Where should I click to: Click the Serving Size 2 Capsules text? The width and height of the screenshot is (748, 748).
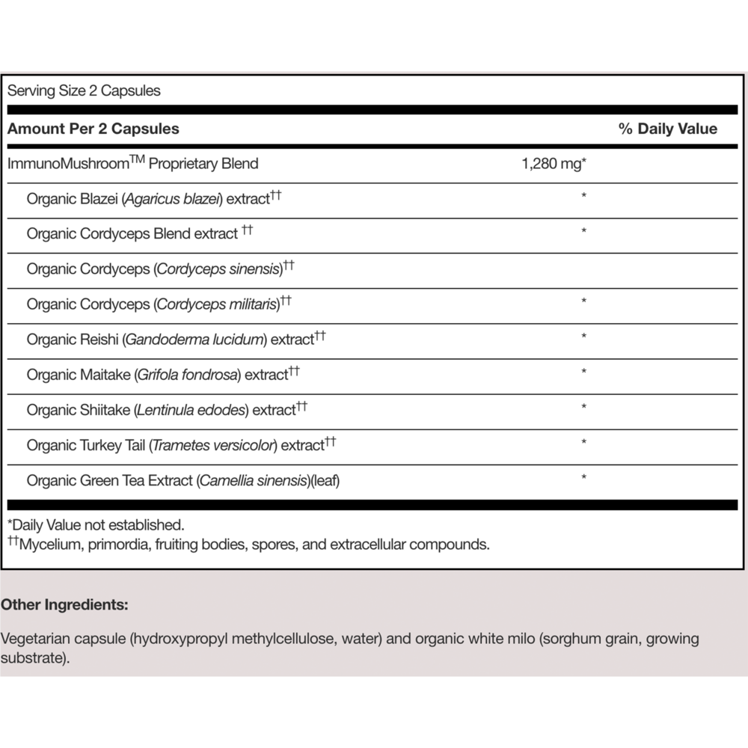click(x=84, y=91)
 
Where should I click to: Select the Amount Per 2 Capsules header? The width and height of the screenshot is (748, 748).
click(x=93, y=129)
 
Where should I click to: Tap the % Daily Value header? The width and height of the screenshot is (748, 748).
click(x=667, y=129)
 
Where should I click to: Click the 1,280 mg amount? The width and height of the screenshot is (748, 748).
click(x=553, y=164)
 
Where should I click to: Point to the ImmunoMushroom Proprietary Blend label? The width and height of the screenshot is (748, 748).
click(x=132, y=164)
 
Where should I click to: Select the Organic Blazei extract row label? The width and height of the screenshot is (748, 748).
click(x=153, y=199)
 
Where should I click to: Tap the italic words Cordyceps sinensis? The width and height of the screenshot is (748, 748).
click(x=218, y=269)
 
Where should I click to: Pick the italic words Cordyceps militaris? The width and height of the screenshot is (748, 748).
click(x=217, y=304)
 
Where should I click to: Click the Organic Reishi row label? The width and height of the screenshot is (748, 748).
click(x=176, y=340)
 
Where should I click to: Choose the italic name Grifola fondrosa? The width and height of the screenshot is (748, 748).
click(x=188, y=375)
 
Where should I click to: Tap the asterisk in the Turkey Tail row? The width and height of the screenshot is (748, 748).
click(x=583, y=443)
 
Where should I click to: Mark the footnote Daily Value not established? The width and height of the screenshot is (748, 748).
click(x=96, y=524)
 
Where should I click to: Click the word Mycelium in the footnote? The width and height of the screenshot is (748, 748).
click(x=49, y=544)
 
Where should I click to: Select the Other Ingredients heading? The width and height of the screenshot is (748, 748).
click(x=64, y=604)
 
